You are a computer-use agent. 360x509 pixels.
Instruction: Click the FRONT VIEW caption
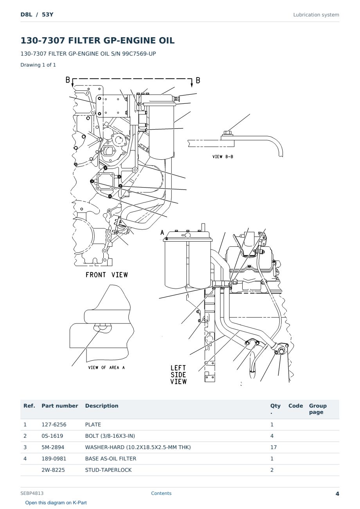[106, 275]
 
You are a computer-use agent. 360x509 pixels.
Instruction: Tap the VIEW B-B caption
[223, 157]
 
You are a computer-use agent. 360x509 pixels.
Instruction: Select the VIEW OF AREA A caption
[106, 367]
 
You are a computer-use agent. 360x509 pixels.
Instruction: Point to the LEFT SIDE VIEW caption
[178, 375]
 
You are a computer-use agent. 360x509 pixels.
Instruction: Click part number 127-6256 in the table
[54, 424]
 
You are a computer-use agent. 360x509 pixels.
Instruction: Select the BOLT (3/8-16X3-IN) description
[110, 436]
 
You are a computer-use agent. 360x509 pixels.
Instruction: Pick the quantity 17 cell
[274, 447]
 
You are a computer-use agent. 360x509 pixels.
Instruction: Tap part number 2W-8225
[53, 470]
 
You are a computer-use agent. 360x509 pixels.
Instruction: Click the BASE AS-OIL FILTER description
[111, 458]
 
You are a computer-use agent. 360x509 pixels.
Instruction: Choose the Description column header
[102, 406]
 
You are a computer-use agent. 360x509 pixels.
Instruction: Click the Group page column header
[318, 409]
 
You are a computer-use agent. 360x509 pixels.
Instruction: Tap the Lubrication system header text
[316, 15]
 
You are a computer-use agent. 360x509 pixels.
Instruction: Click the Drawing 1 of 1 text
[38, 65]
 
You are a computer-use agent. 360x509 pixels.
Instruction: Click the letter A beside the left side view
[162, 233]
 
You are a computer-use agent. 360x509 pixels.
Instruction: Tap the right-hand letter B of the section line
[198, 80]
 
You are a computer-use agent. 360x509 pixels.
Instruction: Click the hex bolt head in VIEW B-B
[227, 133]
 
